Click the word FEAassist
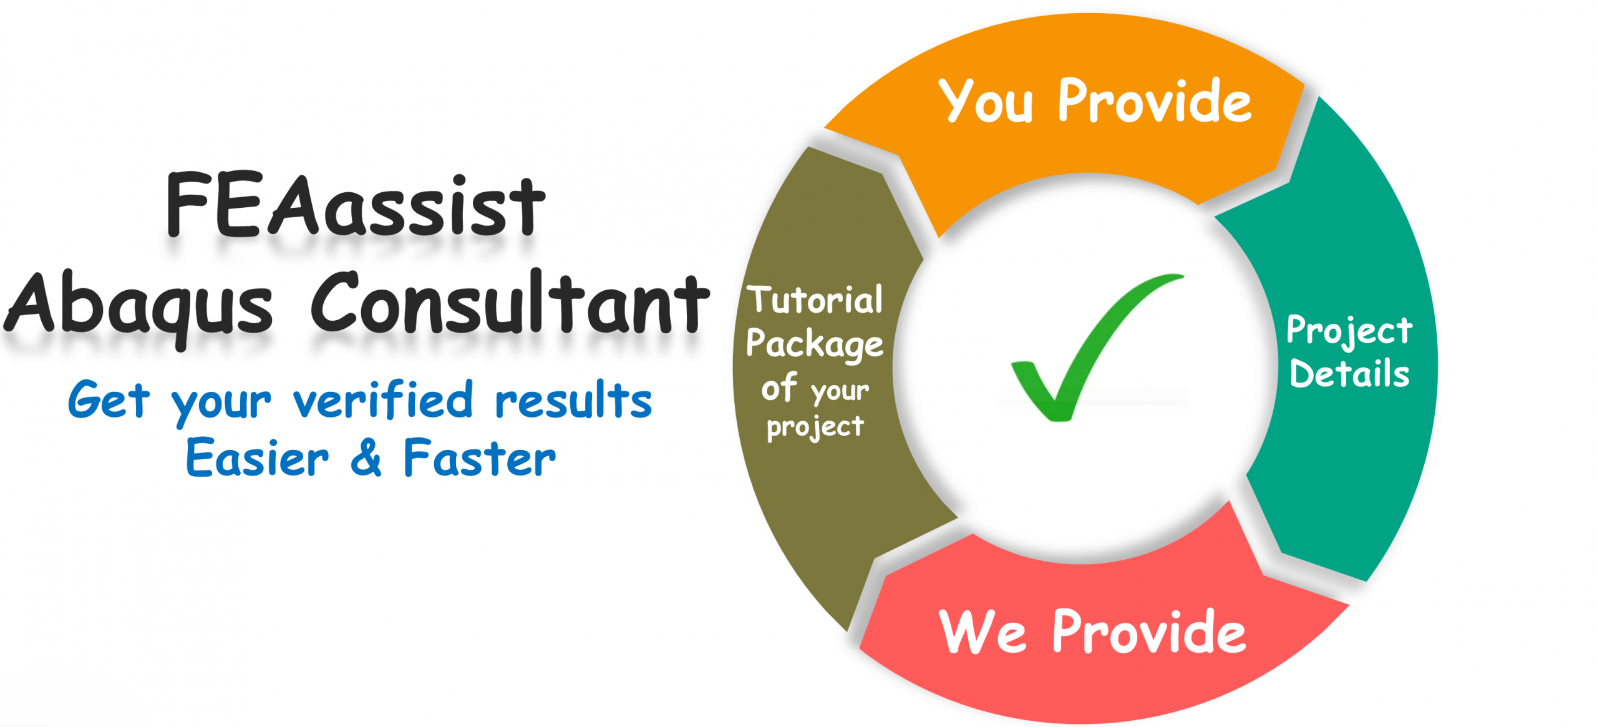[x=356, y=206]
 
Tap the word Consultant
[x=510, y=303]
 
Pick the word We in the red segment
[x=983, y=632]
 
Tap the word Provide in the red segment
[x=1149, y=632]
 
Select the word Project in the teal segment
[x=1349, y=331]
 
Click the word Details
[x=1349, y=374]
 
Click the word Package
[x=815, y=344]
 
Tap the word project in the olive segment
[x=815, y=427]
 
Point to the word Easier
[x=257, y=458]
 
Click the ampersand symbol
[x=366, y=458]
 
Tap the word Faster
[x=479, y=458]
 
